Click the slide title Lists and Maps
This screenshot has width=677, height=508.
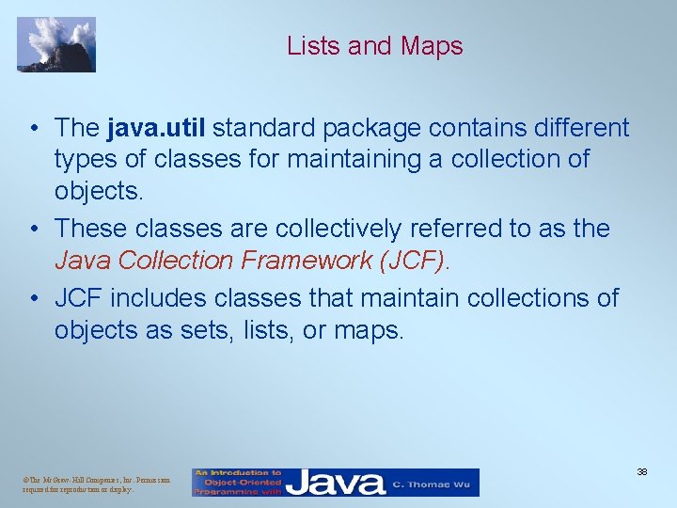[x=374, y=45]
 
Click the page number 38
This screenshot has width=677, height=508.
[x=642, y=470]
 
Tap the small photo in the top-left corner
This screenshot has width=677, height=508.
[x=56, y=44]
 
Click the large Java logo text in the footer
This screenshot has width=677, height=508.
[x=336, y=483]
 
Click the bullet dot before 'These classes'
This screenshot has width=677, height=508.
[x=33, y=230]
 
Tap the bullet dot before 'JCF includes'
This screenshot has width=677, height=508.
[x=33, y=298]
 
